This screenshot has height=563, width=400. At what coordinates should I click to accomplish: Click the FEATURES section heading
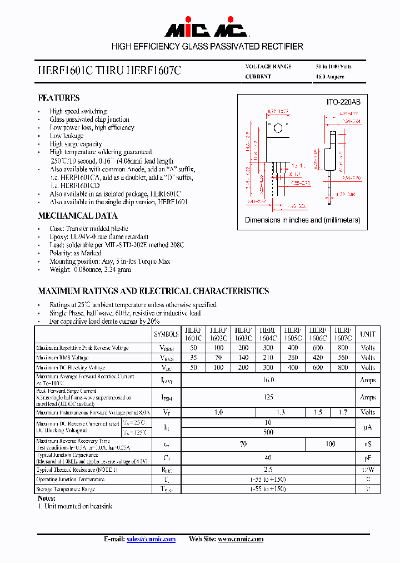[x=58, y=98]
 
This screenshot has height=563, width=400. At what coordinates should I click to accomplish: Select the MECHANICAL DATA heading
[x=77, y=216]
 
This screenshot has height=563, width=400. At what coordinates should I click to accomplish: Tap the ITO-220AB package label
[x=343, y=102]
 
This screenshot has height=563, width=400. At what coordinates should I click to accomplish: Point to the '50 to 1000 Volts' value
[x=333, y=67]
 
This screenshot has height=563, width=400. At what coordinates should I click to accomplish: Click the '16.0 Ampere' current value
[x=330, y=77]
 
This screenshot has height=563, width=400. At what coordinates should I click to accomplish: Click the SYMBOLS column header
[x=166, y=334]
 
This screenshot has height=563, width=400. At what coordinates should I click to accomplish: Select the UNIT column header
[x=368, y=334]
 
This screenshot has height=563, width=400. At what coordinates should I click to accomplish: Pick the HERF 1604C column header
[x=268, y=334]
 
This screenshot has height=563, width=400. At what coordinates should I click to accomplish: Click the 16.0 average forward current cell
[x=268, y=380]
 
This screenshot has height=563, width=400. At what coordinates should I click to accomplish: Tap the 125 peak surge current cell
[x=268, y=397]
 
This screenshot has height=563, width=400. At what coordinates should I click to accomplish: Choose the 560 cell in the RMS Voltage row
[x=343, y=358]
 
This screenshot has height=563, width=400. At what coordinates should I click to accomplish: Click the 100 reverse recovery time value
[x=330, y=444]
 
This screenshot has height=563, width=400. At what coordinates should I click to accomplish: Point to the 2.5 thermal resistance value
[x=268, y=470]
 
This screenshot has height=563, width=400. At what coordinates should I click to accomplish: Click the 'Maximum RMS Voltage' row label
[x=62, y=358]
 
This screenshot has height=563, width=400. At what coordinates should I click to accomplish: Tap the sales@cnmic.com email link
[x=151, y=539]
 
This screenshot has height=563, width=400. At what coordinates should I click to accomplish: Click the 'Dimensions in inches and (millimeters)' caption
[x=302, y=220]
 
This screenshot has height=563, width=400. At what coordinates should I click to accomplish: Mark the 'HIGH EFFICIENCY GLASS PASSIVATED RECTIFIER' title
[x=207, y=47]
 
